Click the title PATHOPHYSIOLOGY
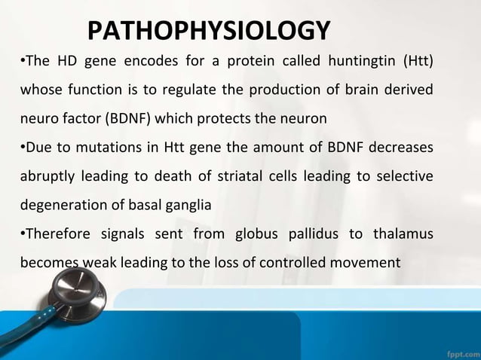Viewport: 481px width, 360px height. [x=209, y=31]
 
